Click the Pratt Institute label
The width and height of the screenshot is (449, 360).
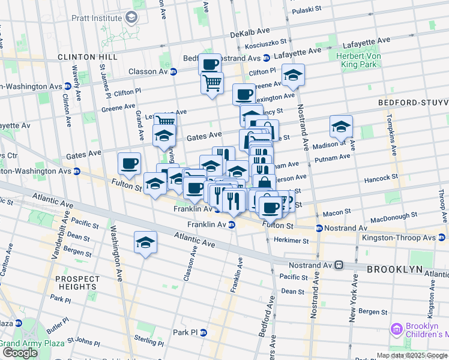coord(96,18)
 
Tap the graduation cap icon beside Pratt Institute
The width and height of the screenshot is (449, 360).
coord(131,18)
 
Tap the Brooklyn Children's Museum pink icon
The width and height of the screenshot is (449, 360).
coord(396,329)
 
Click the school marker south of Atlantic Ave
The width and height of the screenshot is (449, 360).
coord(145,242)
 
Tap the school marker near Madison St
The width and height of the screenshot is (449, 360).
coord(341,127)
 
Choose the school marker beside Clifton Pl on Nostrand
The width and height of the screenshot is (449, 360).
coord(293,75)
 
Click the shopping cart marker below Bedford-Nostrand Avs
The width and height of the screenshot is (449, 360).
coord(212,83)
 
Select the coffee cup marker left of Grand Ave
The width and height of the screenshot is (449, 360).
coord(130,163)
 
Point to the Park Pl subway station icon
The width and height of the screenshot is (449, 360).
coord(203,332)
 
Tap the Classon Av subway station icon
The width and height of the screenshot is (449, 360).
coord(173,71)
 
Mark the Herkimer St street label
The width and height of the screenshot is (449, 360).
coord(292,241)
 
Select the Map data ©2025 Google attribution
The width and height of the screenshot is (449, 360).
coord(412,355)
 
